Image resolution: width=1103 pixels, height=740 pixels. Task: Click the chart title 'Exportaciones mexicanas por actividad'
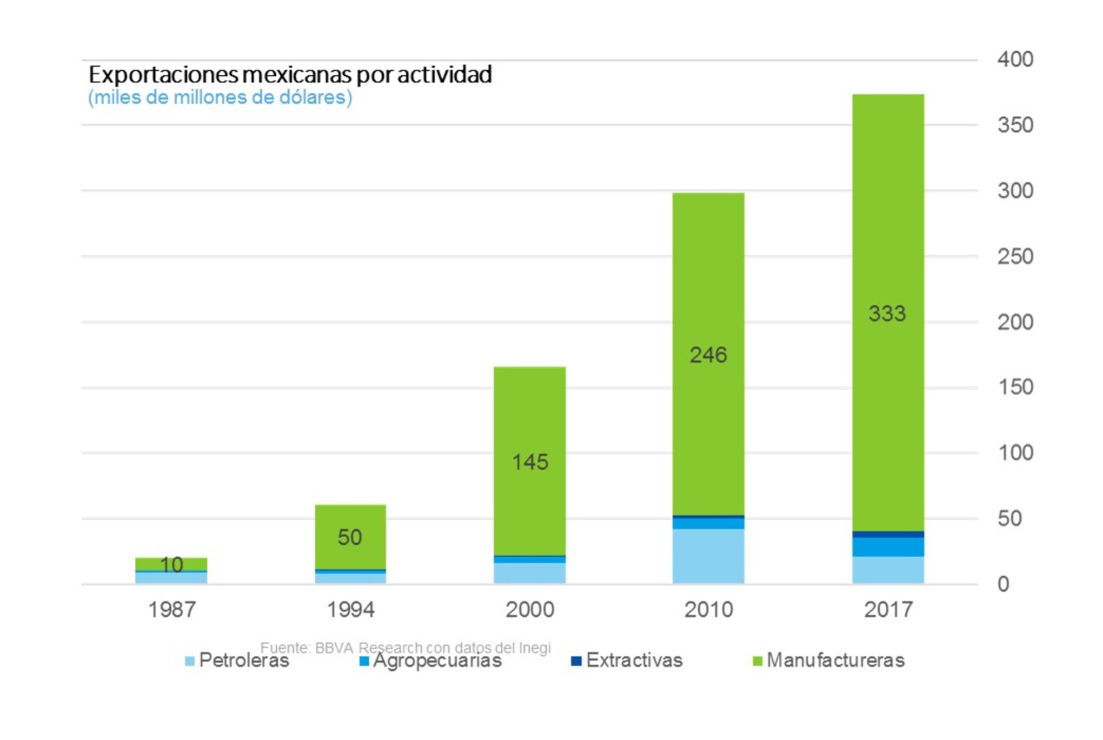[290, 75]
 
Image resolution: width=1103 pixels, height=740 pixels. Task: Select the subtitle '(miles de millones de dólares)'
[220, 97]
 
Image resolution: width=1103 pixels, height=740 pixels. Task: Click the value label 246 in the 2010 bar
[708, 355]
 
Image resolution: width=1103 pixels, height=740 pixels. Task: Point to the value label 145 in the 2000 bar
[530, 462]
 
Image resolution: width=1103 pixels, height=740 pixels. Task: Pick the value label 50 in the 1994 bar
[350, 538]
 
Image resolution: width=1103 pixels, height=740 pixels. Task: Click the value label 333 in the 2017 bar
[887, 314]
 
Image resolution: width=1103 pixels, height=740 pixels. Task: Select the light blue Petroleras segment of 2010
[708, 556]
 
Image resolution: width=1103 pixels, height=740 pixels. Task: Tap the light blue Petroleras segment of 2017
[888, 570]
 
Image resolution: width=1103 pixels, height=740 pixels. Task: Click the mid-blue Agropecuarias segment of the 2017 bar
[888, 547]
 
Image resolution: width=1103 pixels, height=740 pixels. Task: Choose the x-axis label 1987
[172, 609]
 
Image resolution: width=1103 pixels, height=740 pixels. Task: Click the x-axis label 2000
[530, 609]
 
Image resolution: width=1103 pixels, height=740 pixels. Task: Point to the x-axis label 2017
[888, 609]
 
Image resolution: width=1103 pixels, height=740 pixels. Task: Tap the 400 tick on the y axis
[1015, 59]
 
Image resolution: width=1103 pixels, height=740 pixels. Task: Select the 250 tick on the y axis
[1015, 256]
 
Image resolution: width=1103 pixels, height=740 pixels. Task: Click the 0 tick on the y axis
[1003, 584]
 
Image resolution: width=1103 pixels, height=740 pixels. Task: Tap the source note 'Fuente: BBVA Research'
[405, 648]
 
